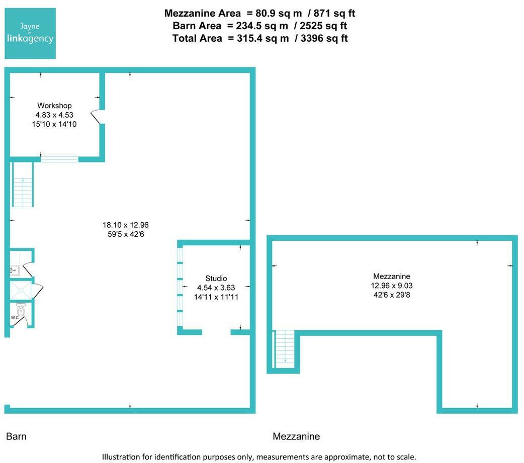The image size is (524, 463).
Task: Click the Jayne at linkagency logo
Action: tap(30, 34)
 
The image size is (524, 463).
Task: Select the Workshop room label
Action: tap(54, 106)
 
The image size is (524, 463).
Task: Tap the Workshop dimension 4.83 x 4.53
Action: tap(54, 115)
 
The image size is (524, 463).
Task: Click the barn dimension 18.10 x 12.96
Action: tap(126, 225)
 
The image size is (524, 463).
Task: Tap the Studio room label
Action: tap(216, 279)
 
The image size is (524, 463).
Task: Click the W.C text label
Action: tap(15, 318)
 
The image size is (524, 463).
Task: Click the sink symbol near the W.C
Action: tap(14, 270)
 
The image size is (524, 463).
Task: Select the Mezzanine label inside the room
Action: tap(392, 276)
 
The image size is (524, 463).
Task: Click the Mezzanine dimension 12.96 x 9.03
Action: tap(392, 285)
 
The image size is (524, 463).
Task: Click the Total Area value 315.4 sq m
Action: tap(263, 38)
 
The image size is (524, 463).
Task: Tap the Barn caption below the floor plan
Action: tap(16, 436)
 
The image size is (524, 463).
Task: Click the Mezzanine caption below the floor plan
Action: tap(296, 436)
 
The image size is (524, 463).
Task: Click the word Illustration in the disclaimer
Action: tap(120, 457)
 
